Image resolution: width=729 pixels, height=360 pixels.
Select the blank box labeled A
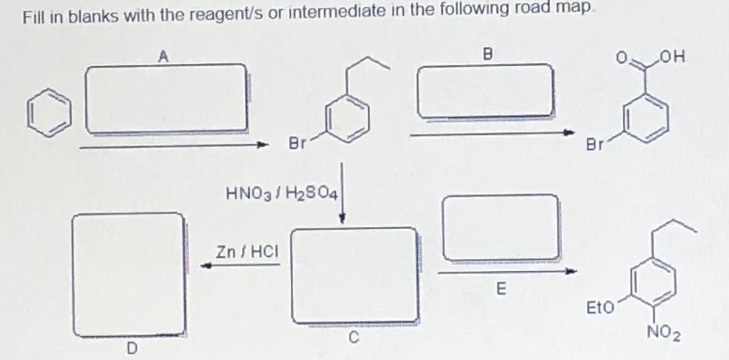pyautogui.click(x=167, y=98)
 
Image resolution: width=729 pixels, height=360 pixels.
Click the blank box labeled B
pyautogui.click(x=486, y=91)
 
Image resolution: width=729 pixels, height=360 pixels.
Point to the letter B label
pyautogui.click(x=488, y=53)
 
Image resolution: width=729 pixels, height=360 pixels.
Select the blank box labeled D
pyautogui.click(x=130, y=274)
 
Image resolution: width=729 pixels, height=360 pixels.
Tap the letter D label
pyautogui.click(x=131, y=348)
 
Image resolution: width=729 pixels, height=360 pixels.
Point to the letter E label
pyautogui.click(x=500, y=290)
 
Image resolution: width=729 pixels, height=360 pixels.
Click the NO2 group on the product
pyautogui.click(x=663, y=335)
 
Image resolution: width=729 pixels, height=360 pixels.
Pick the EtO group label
pyautogui.click(x=598, y=308)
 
